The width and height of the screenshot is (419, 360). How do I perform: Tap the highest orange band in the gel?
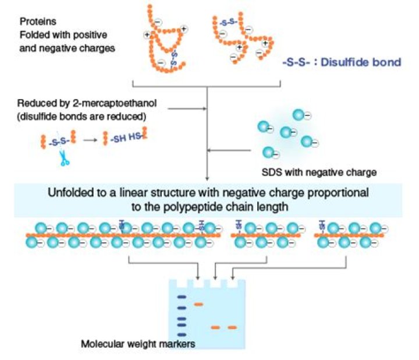[x=199, y=303]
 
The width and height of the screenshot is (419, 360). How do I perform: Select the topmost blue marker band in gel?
[x=181, y=297]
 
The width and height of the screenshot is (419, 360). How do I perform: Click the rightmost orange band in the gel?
[x=233, y=327]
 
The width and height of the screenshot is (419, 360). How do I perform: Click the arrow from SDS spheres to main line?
[x=230, y=152]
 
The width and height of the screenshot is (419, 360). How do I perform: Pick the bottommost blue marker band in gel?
[x=181, y=333]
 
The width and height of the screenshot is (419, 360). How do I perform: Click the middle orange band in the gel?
[x=216, y=327]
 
